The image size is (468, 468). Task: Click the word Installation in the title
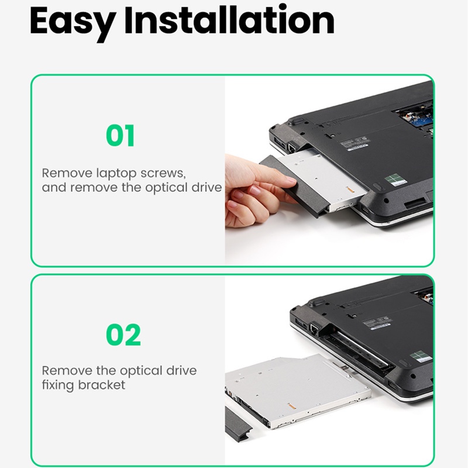(x=229, y=19)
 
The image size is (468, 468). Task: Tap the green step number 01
(x=120, y=136)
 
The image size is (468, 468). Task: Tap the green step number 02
(x=123, y=335)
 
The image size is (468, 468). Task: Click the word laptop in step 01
(x=116, y=173)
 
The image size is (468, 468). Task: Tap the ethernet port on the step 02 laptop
(x=314, y=328)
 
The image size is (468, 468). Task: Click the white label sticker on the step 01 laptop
(x=355, y=144)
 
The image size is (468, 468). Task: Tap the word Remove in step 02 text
(x=67, y=371)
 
